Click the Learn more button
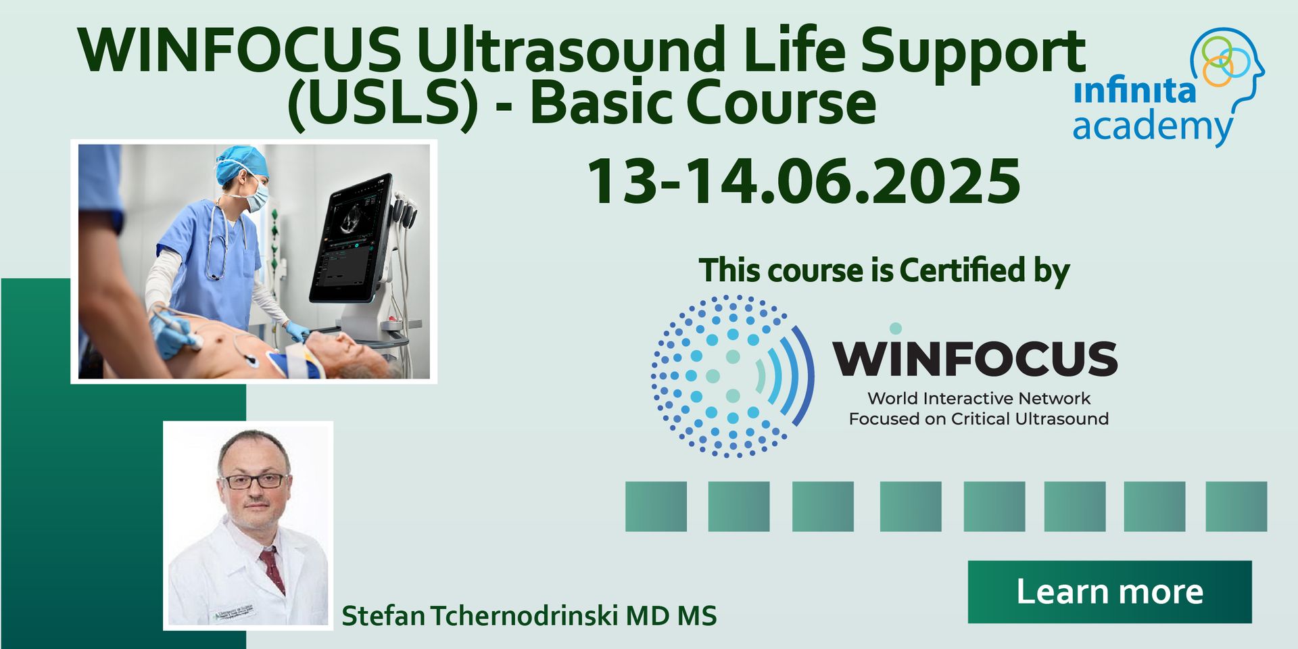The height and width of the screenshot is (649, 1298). coord(1109,592)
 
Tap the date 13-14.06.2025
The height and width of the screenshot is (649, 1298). coord(804,181)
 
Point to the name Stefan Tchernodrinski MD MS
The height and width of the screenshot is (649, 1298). coord(529,615)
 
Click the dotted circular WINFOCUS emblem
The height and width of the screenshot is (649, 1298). coord(732,376)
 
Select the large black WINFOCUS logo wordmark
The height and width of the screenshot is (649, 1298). coord(975,358)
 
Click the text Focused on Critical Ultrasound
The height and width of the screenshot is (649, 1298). coord(978,418)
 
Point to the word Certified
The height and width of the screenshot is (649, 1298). coord(963,270)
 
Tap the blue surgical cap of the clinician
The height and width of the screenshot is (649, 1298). coord(241,164)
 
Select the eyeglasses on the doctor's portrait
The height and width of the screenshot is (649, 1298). coord(254,481)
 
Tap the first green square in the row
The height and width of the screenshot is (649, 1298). coord(656,506)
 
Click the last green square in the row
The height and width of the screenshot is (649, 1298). coord(1236,506)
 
